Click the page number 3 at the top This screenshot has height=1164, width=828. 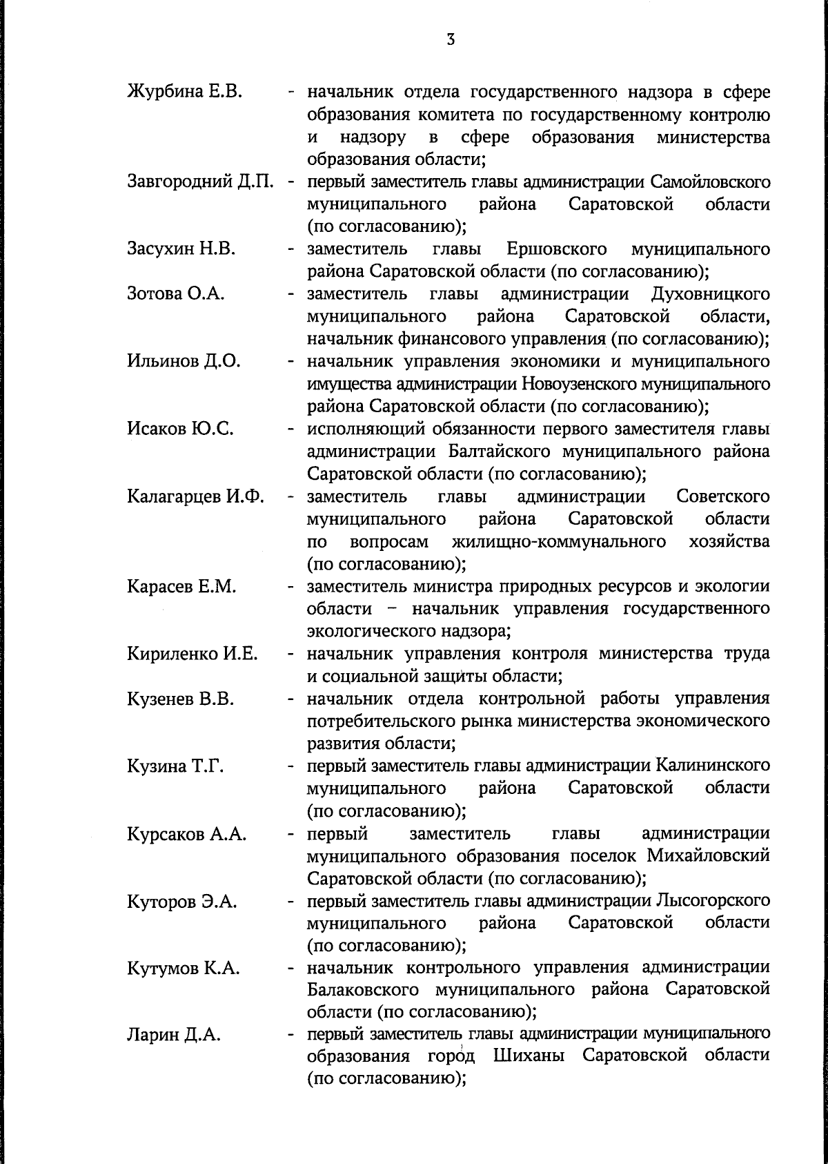(450, 40)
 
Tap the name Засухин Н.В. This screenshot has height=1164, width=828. (181, 249)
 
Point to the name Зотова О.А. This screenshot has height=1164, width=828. (176, 294)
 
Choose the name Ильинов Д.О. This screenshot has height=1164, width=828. (184, 361)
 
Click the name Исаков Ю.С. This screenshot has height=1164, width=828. (180, 429)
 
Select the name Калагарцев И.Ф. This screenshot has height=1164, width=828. (196, 496)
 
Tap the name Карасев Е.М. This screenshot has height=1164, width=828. (181, 587)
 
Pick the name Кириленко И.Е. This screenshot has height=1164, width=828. (193, 654)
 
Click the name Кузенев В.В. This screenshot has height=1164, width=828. (181, 699)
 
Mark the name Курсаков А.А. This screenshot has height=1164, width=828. (186, 835)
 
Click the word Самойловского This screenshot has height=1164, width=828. (710, 183)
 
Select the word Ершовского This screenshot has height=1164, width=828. (556, 249)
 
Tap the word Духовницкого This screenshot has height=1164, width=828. (711, 294)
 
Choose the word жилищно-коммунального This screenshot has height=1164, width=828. (559, 541)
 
